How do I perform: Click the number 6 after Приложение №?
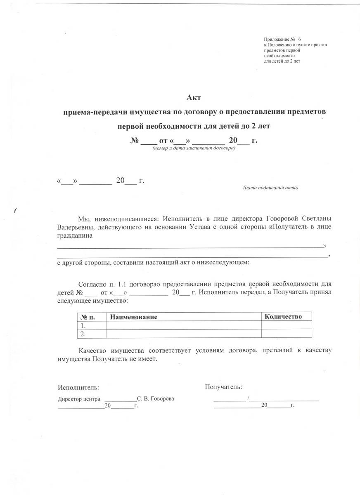294,39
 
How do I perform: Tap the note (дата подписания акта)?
270,188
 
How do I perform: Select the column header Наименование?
133,317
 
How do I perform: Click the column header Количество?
283,316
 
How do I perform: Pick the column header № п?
88,317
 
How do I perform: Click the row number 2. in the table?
83,333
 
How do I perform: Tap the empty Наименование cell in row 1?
184,325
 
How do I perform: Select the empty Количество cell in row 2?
286,333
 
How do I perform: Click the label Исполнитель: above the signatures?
78,388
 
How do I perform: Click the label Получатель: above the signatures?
224,387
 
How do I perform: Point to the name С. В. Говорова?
155,399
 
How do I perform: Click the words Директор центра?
79,399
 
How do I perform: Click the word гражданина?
75,236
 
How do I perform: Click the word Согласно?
92,284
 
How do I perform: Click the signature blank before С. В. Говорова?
120,399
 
